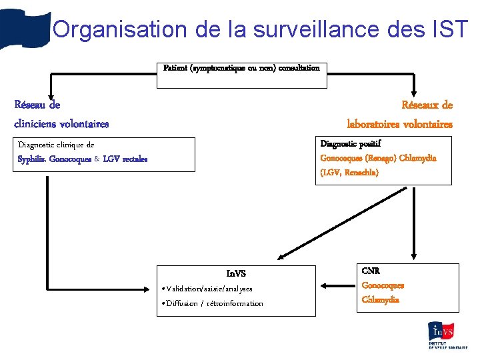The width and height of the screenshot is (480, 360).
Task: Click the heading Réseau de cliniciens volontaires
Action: point(61,114)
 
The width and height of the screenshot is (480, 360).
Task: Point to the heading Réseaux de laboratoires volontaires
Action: point(399,114)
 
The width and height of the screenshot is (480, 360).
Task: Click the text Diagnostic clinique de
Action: point(56,145)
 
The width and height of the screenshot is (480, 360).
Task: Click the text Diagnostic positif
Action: point(351,143)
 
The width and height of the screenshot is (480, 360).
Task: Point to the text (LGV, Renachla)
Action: point(349,173)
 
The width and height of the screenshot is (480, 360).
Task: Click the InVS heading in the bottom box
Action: point(236,273)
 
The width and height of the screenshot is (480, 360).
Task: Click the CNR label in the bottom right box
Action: point(371,271)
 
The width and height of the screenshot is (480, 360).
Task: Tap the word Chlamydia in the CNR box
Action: point(381,299)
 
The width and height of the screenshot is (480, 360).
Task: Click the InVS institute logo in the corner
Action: point(448,335)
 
